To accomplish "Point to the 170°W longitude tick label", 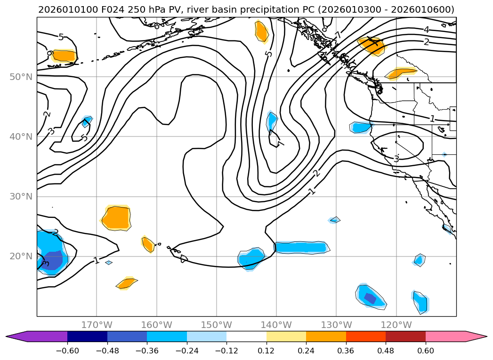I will point(97,325).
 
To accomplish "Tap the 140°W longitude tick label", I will point(276,325).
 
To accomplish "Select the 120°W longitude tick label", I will point(396,325).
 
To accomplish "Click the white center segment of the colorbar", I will point(246,336).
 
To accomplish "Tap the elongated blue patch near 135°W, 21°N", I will point(300,247).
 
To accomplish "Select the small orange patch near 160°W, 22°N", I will point(148,244).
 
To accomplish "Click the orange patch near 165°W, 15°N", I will point(126,283).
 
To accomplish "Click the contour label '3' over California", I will point(396,159).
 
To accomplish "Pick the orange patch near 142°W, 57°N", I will point(261,31).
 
